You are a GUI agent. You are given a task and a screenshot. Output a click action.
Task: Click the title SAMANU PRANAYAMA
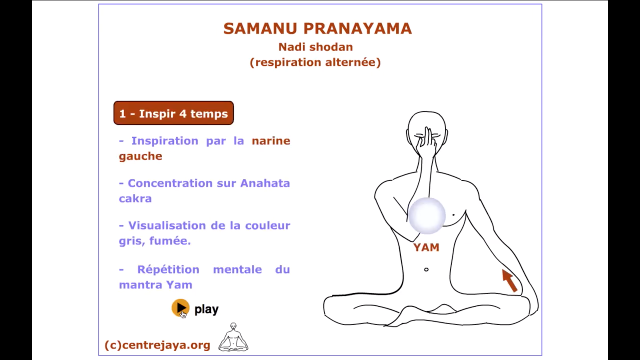pos(317,29)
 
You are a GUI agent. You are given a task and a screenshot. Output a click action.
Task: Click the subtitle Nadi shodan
pos(316,47)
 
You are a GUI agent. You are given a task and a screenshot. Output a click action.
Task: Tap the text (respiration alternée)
pos(315,62)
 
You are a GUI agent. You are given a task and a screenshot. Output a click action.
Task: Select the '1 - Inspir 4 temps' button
pos(174,113)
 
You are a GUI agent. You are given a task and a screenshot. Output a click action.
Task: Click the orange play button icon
pos(180,308)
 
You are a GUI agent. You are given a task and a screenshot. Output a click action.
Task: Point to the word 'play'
pos(206,309)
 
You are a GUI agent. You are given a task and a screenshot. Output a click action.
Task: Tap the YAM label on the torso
pos(426,247)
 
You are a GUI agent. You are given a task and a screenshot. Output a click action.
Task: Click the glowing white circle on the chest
pos(427,215)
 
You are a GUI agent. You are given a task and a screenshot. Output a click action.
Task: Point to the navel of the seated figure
pos(426,269)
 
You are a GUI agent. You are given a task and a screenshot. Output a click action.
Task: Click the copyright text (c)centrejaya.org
pos(157,345)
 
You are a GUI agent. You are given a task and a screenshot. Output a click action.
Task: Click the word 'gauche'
pos(141,156)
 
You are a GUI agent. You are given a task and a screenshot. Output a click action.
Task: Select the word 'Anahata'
pos(265,183)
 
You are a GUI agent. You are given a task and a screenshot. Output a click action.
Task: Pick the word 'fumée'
pos(170,241)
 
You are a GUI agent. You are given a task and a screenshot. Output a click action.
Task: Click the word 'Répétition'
pos(168,269)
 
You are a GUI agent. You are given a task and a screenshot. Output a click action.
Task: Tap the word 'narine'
pos(271,141)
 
